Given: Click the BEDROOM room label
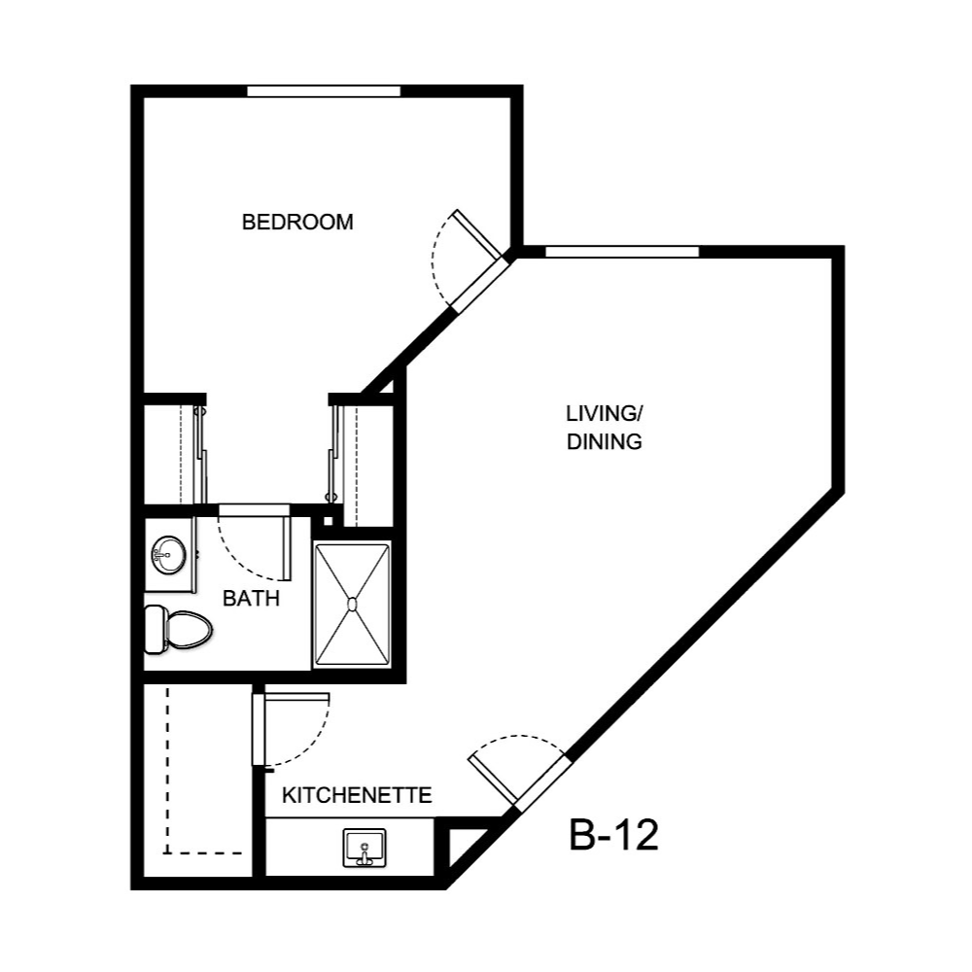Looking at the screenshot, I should (x=297, y=222).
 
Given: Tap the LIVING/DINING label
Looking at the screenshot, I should (x=605, y=428).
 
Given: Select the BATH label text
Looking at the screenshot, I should (x=251, y=599).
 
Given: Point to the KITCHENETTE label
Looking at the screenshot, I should (x=357, y=796).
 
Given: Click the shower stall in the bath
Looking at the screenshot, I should (x=352, y=604).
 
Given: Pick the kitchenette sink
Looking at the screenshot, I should (x=364, y=848).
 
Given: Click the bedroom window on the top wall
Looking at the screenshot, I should (x=324, y=91).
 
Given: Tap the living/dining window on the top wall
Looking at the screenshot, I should (x=622, y=252).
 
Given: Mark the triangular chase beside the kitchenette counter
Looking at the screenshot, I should (x=462, y=846).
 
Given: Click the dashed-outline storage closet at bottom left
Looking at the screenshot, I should (x=194, y=778).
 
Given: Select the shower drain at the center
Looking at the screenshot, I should (x=352, y=604).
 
